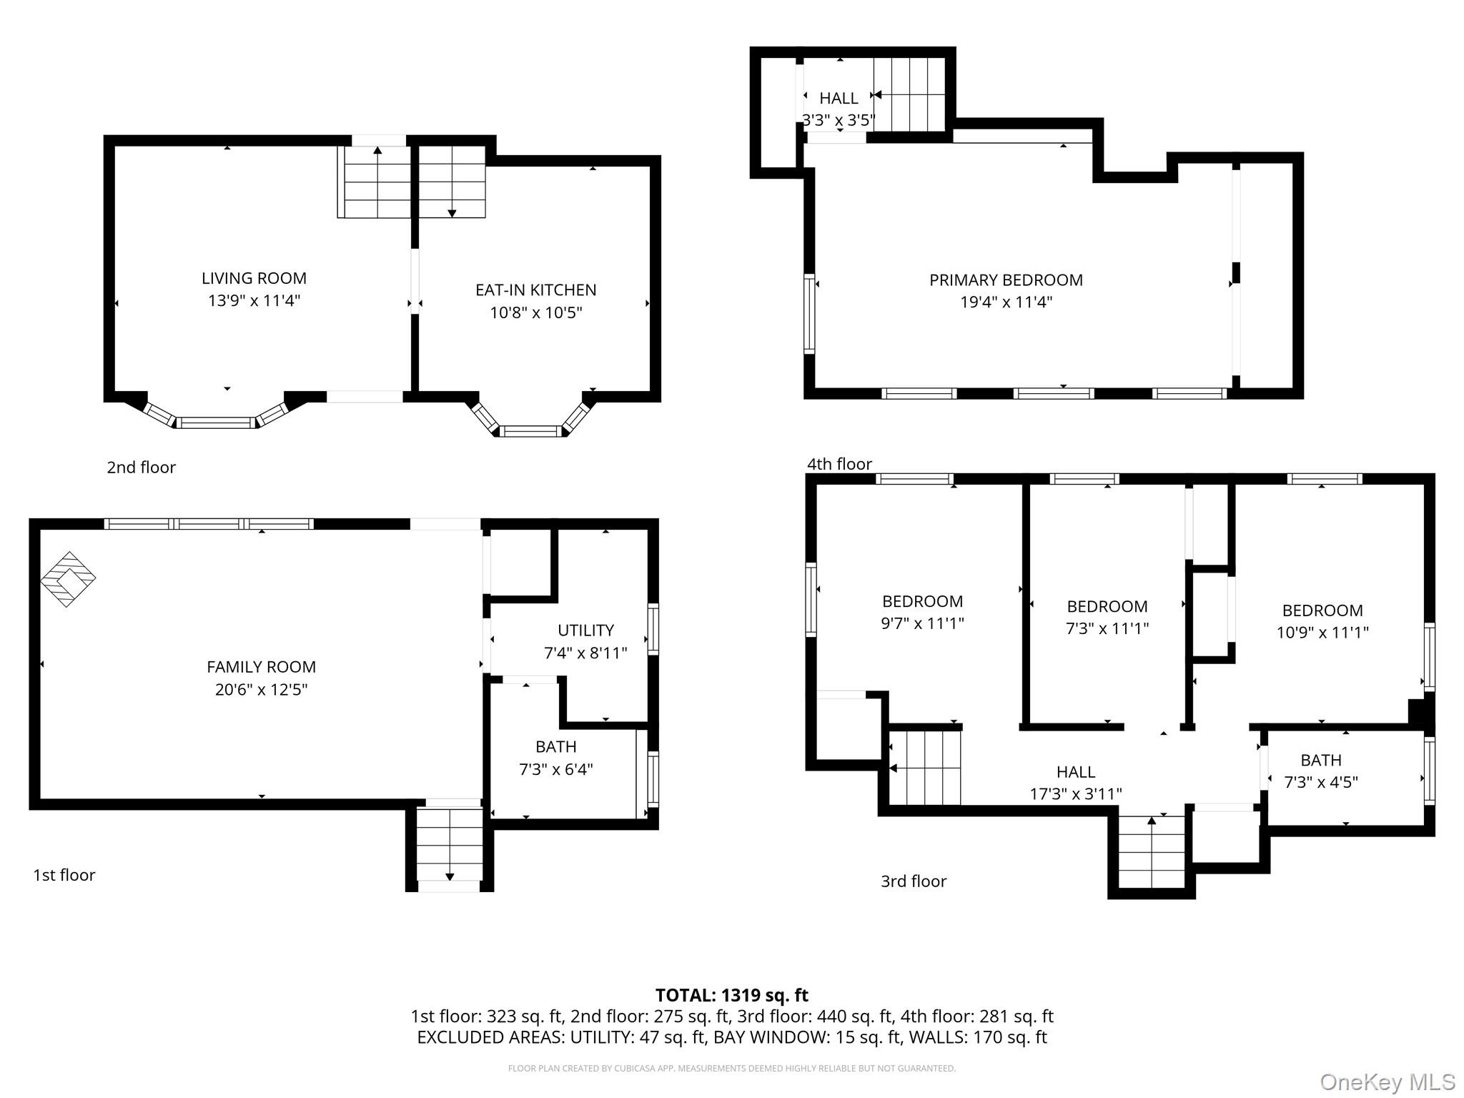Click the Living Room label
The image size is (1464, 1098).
point(254,278)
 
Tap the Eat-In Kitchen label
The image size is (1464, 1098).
point(535,290)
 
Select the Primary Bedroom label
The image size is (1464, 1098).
point(1006,280)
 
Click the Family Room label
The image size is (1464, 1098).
point(261,667)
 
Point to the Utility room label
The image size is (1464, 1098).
point(585,630)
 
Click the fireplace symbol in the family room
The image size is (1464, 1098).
point(68,579)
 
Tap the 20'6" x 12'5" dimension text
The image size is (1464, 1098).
point(261,690)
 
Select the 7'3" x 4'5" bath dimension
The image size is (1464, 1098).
point(1321,782)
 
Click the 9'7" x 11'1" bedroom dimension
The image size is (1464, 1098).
point(922,623)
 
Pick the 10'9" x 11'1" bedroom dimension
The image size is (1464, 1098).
point(1322,633)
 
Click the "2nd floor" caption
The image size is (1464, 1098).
point(141,468)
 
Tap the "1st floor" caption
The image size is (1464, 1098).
point(64,875)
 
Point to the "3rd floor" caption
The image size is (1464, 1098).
point(914,881)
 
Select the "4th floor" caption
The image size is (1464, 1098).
point(839,464)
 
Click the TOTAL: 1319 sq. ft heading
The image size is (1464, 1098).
point(732,995)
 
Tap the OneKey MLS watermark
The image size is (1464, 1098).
point(1388,1082)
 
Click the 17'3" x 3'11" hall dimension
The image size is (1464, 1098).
point(1076,793)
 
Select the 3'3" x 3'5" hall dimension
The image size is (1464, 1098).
point(839,120)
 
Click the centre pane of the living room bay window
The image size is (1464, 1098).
point(217,422)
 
